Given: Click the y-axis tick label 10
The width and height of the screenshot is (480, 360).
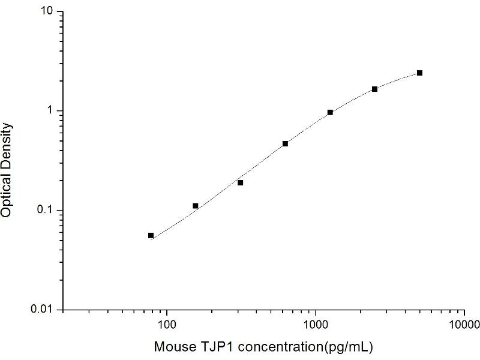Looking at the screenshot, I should [x=48, y=12].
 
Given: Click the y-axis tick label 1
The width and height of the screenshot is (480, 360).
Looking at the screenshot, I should [x=52, y=111].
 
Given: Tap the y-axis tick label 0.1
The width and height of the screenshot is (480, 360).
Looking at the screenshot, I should [x=47, y=210].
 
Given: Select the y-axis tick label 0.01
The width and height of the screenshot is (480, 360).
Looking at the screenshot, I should [x=45, y=309].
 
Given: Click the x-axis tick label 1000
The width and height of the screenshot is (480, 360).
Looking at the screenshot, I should [x=316, y=325].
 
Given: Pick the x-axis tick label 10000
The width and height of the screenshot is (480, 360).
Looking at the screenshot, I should [x=463, y=325].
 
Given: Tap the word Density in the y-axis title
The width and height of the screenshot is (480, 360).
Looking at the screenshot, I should [x=7, y=142].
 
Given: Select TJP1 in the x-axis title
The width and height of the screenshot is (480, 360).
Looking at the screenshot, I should [x=205, y=347].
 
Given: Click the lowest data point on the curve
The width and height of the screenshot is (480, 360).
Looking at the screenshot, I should [x=151, y=235].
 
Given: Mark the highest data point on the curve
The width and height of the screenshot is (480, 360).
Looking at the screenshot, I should [x=419, y=73].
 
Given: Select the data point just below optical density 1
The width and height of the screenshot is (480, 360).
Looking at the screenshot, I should [x=330, y=112].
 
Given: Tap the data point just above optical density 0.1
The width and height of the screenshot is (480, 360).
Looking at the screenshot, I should [x=196, y=206].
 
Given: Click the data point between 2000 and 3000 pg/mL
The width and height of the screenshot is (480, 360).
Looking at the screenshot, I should [x=375, y=89].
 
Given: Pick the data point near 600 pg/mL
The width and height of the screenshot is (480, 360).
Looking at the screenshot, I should [x=285, y=143].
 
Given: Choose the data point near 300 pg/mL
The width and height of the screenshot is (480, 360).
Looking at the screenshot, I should [x=240, y=182].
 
